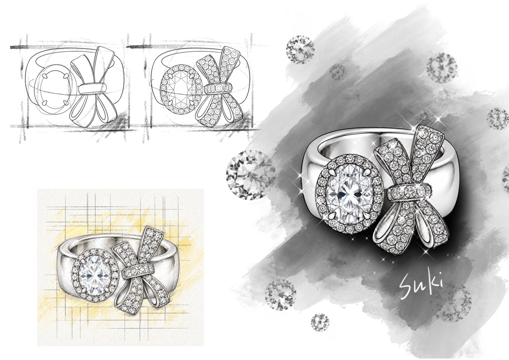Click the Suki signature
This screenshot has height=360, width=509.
422,286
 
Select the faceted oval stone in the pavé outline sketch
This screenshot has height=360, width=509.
181,89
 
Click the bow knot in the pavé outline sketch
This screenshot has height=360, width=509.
218,89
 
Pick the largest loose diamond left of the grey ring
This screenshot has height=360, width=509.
251,175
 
